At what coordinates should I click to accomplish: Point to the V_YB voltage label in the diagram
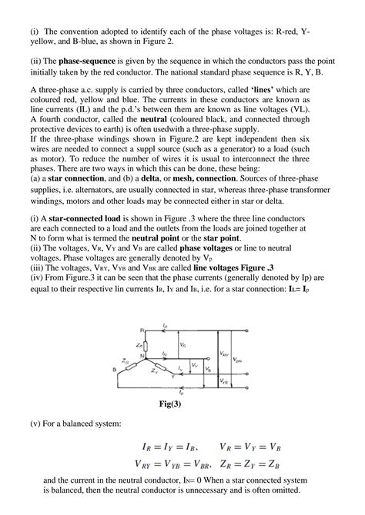223,380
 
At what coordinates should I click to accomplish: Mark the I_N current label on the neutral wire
166,352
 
